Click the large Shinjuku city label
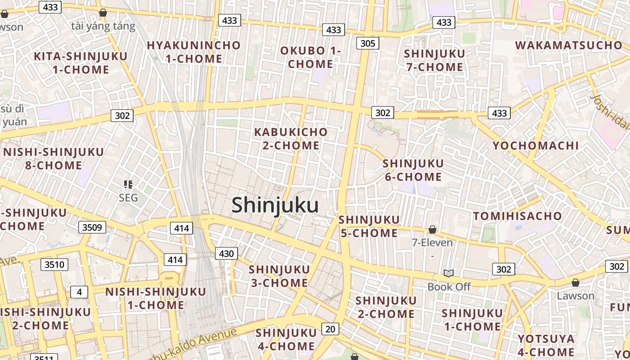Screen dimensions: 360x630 point(275,205)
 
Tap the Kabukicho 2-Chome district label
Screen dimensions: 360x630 point(291,139)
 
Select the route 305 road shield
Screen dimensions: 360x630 point(368,43)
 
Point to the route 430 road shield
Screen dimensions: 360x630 point(226,253)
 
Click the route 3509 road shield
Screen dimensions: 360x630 point(92,227)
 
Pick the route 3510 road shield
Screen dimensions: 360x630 point(54,264)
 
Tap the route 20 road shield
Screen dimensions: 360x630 point(330,329)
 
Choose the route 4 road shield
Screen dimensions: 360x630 point(79,292)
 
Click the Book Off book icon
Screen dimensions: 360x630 point(449,273)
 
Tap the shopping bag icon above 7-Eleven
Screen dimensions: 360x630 point(432,229)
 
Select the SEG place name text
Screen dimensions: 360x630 point(128,198)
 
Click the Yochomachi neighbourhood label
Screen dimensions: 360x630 point(535,146)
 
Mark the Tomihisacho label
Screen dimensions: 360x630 point(517,216)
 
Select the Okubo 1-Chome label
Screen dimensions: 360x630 point(310,57)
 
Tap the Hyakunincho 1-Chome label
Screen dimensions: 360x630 point(193,52)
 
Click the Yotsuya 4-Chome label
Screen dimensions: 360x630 point(546,345)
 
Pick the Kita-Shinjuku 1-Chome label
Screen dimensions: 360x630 point(81,63)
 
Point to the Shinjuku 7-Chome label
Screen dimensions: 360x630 point(434,60)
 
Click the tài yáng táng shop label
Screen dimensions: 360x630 point(103,26)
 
